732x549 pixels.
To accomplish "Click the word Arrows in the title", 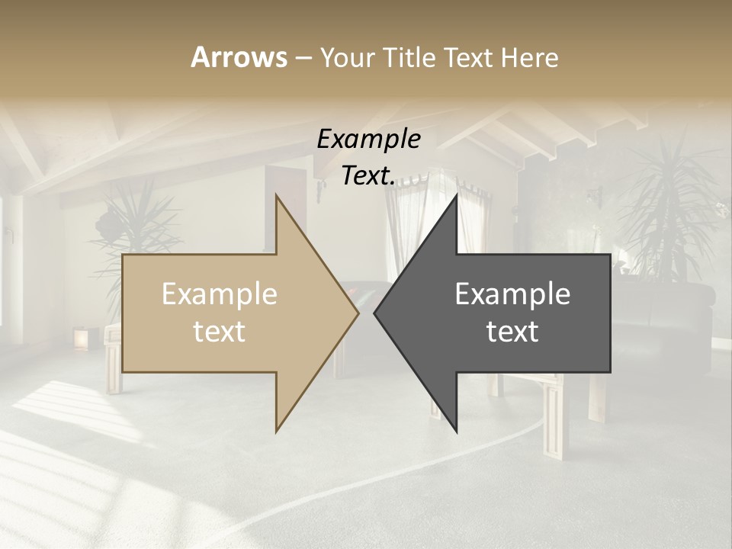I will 239,57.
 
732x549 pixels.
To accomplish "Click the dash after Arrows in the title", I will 303,58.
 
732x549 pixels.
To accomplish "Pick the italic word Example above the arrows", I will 368,140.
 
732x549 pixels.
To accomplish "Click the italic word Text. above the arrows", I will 368,175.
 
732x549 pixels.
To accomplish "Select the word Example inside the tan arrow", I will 220,294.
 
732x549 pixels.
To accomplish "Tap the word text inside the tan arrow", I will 220,332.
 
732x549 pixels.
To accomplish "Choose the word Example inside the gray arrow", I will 512,294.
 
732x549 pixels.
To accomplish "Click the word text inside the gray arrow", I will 512,332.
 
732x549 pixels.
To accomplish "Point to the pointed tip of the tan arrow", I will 358,313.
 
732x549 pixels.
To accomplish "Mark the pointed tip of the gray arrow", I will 375,313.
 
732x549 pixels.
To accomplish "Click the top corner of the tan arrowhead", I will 276,196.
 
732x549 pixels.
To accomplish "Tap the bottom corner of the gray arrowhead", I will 457,432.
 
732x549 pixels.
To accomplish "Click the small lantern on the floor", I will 80,338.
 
